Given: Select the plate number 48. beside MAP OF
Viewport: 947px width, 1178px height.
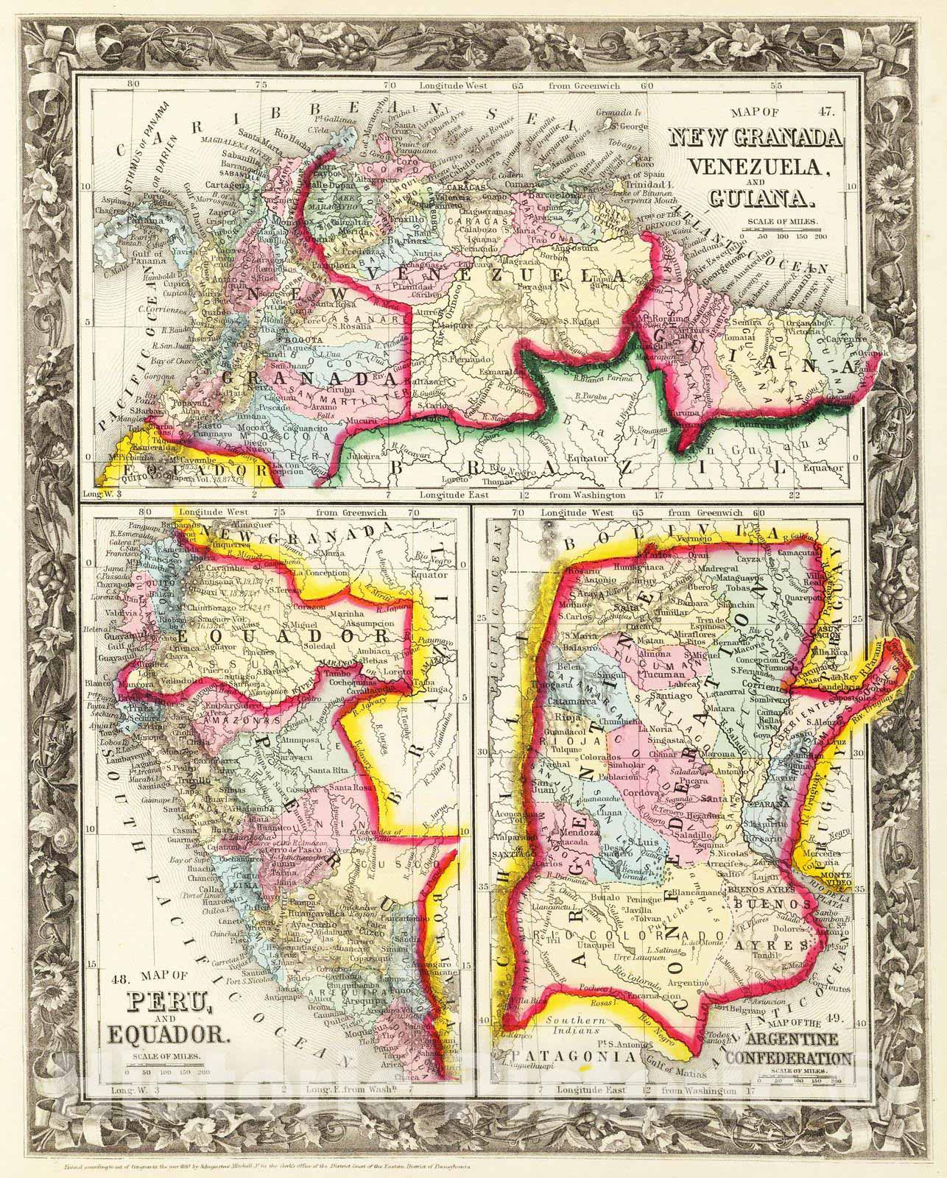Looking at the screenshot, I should (119, 979).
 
